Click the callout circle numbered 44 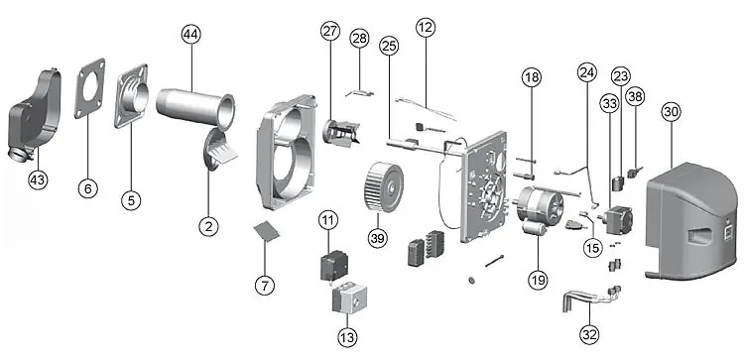191,35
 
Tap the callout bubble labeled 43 39,180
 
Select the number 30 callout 672,112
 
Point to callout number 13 347,337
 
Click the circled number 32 589,335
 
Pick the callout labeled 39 378,238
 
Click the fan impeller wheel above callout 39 384,186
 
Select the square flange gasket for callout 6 89,88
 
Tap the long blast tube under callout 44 195,109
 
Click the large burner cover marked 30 693,221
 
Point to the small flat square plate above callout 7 267,230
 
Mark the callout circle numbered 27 330,32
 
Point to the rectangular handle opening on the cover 700,234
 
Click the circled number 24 586,72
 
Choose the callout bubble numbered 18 532,76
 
